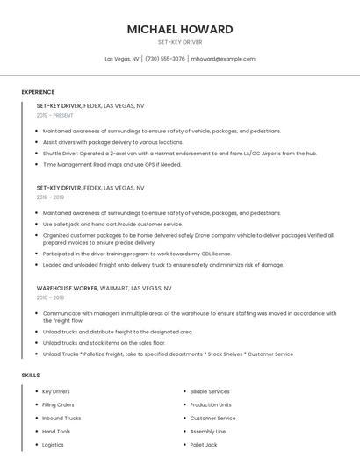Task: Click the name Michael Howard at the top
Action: coord(180,29)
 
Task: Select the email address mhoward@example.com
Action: coord(223,59)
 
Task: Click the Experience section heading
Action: coord(38,92)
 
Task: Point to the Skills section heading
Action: coord(31,376)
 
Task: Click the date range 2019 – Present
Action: coord(54,115)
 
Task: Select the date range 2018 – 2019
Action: coord(50,197)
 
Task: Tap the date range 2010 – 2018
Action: coord(50,297)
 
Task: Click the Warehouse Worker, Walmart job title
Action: coord(104,288)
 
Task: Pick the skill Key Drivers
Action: coord(56,391)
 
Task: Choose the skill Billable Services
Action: coord(210,391)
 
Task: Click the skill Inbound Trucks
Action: coord(61,418)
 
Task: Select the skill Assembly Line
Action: coord(208,432)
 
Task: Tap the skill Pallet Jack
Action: coord(204,445)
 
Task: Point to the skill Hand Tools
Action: coord(56,432)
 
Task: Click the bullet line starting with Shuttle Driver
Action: coord(179,153)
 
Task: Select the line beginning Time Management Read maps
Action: coord(112,164)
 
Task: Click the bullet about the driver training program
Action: coord(136,254)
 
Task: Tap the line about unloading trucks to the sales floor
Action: coord(104,343)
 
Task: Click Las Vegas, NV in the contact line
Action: coord(122,59)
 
